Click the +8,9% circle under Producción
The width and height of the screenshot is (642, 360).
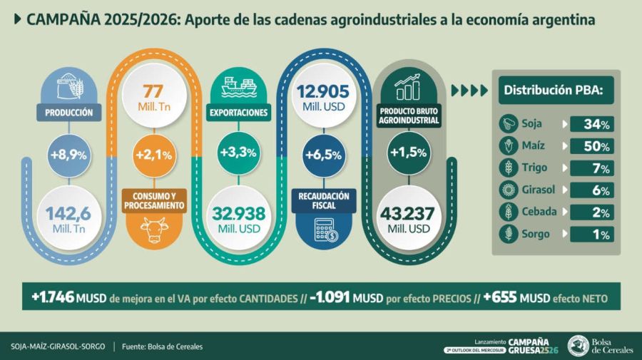pos(68,153)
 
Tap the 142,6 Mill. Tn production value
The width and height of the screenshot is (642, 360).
pos(68,218)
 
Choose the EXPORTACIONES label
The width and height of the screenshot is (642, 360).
pos(238,113)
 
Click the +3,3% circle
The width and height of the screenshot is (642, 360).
pos(238,153)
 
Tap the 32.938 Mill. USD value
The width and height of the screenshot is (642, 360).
pos(238,218)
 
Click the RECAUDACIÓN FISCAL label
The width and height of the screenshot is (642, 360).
pos(323,201)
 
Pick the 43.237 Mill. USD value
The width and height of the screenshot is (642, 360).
pos(409,218)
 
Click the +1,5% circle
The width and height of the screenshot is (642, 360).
pos(409,153)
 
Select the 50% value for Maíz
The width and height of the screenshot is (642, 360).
pos(591,147)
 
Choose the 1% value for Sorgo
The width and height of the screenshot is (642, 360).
pos(591,234)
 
